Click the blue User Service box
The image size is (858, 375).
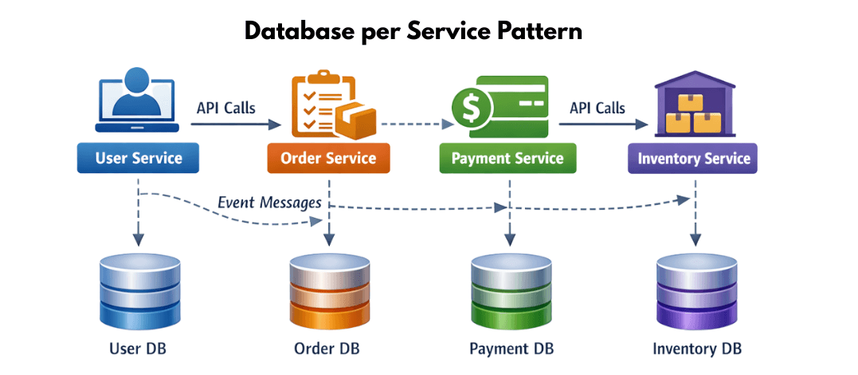click(138, 158)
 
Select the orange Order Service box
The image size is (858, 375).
click(328, 158)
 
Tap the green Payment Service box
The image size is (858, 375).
click(507, 158)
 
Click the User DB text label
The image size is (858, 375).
click(138, 349)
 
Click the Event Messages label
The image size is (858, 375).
click(269, 203)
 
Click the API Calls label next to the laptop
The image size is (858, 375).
click(226, 108)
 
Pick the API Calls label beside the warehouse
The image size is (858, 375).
click(597, 108)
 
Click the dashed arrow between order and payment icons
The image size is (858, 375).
click(413, 124)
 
